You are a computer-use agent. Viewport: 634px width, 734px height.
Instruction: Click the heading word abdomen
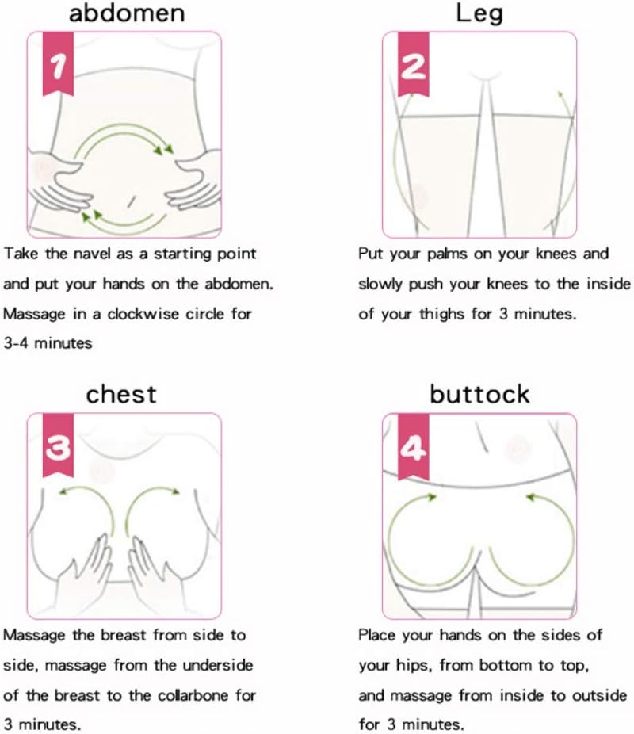(x=127, y=13)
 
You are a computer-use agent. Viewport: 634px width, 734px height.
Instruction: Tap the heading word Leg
(x=479, y=13)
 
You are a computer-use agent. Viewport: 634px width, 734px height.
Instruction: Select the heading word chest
(x=121, y=394)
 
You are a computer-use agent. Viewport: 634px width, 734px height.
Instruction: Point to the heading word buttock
(x=479, y=394)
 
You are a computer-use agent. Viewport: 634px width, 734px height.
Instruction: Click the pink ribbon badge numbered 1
(x=58, y=63)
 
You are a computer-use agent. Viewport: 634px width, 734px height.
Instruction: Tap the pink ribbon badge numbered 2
(x=413, y=63)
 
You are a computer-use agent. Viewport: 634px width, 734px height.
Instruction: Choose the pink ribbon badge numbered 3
(x=58, y=445)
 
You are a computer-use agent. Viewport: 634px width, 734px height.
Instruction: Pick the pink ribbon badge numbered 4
(x=413, y=445)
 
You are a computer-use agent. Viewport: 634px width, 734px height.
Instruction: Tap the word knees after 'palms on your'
(x=557, y=254)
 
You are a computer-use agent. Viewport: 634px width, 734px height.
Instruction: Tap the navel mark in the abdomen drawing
(x=132, y=201)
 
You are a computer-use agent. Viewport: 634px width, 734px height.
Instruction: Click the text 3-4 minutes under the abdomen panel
(x=48, y=343)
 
